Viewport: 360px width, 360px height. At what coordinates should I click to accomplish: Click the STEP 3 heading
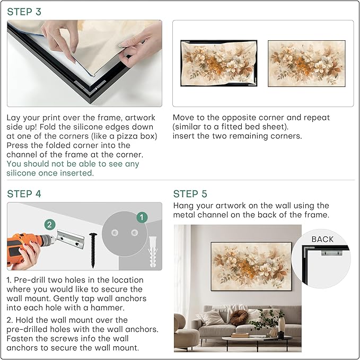[24, 12]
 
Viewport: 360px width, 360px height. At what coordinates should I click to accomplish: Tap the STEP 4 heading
[24, 194]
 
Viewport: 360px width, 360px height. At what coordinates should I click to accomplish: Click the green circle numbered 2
[49, 224]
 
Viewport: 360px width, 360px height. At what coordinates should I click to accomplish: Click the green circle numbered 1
[141, 217]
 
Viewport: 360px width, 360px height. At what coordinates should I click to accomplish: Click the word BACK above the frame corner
[322, 239]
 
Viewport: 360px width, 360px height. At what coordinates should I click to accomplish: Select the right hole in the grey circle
[134, 233]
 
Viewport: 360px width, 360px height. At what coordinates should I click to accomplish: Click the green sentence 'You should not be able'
[73, 164]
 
